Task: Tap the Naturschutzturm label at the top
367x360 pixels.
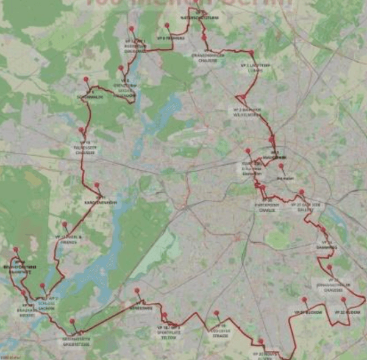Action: [200, 17]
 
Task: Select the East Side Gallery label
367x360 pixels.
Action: [304, 207]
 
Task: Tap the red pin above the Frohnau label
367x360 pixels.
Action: [166, 26]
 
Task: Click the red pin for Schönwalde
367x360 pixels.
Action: [86, 79]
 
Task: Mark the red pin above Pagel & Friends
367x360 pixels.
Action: [65, 224]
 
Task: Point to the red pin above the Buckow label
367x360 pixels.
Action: [304, 300]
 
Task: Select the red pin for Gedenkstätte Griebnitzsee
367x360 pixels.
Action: [72, 321]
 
